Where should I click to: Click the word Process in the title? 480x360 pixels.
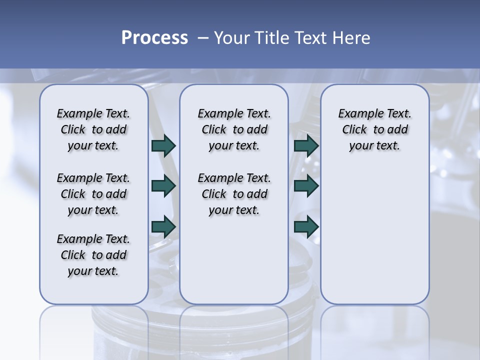(154, 38)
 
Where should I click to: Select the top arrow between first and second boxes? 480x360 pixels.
(163, 146)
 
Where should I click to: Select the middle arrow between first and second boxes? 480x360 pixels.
(163, 186)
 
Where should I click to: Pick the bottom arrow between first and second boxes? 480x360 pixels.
(163, 227)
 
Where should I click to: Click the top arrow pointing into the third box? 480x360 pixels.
(306, 146)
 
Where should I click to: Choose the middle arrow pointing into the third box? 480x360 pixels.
(306, 186)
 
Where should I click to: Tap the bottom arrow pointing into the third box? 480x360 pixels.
(306, 227)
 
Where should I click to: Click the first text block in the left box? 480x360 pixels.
(93, 130)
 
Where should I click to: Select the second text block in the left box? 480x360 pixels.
(93, 194)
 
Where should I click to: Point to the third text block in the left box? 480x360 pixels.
(93, 255)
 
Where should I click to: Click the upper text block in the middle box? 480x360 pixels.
(234, 130)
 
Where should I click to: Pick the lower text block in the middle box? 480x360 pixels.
(234, 194)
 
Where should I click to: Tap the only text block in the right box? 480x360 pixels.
(374, 130)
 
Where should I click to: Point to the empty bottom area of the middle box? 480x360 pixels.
(234, 265)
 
